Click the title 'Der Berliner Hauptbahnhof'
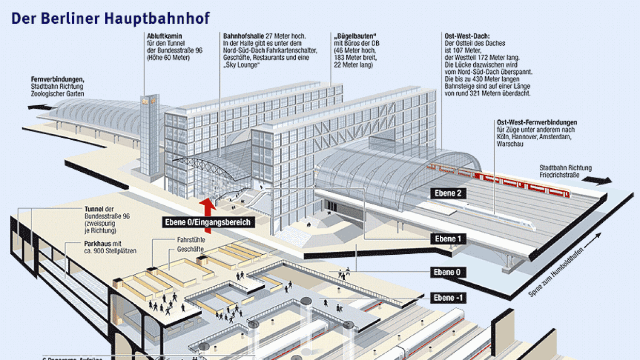tap(110, 18)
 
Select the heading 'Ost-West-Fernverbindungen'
tap(537, 123)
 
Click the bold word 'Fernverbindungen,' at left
tap(57, 80)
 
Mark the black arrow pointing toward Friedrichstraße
tap(599, 181)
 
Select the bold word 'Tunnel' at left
tap(94, 209)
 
